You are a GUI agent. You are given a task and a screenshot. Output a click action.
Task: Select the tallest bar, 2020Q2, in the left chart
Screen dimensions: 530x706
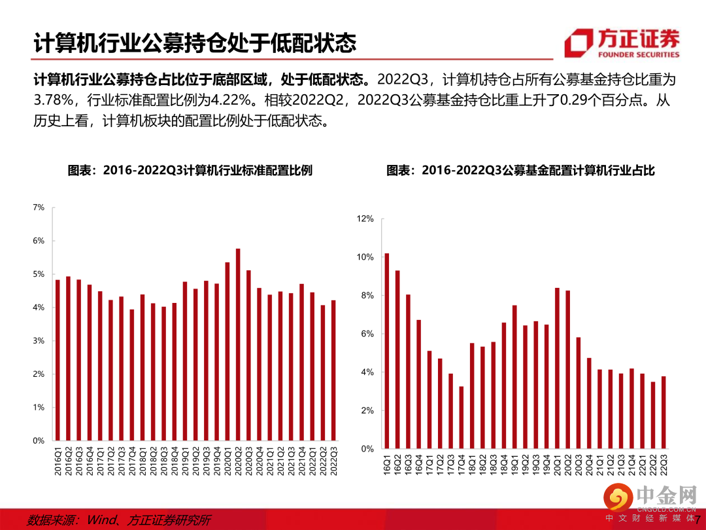237,344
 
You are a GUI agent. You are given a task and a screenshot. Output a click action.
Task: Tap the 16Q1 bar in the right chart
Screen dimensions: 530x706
386,351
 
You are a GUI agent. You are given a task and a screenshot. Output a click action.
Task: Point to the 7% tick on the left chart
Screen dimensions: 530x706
38,207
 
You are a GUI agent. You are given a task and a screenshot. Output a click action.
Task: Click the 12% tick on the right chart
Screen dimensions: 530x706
365,219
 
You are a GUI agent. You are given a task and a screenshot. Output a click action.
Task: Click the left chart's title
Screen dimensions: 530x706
190,171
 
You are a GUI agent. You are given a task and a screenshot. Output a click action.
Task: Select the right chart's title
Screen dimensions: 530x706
520,171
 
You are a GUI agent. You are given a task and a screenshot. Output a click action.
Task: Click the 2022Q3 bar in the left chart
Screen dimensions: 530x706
333,370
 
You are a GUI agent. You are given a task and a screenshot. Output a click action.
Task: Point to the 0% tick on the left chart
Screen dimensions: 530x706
38,441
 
